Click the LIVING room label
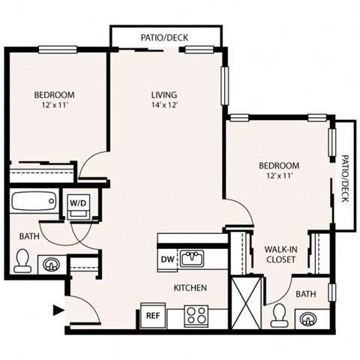[x=163, y=94]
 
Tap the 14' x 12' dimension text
[x=163, y=106]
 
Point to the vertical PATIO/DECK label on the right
[x=345, y=175]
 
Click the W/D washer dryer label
[x=78, y=202]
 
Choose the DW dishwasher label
[x=167, y=259]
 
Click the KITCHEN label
[x=190, y=288]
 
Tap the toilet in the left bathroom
[x=22, y=262]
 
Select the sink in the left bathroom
[x=51, y=264]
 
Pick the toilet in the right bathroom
[x=280, y=313]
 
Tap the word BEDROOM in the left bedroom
[x=54, y=94]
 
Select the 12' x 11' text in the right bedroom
[x=279, y=176]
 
